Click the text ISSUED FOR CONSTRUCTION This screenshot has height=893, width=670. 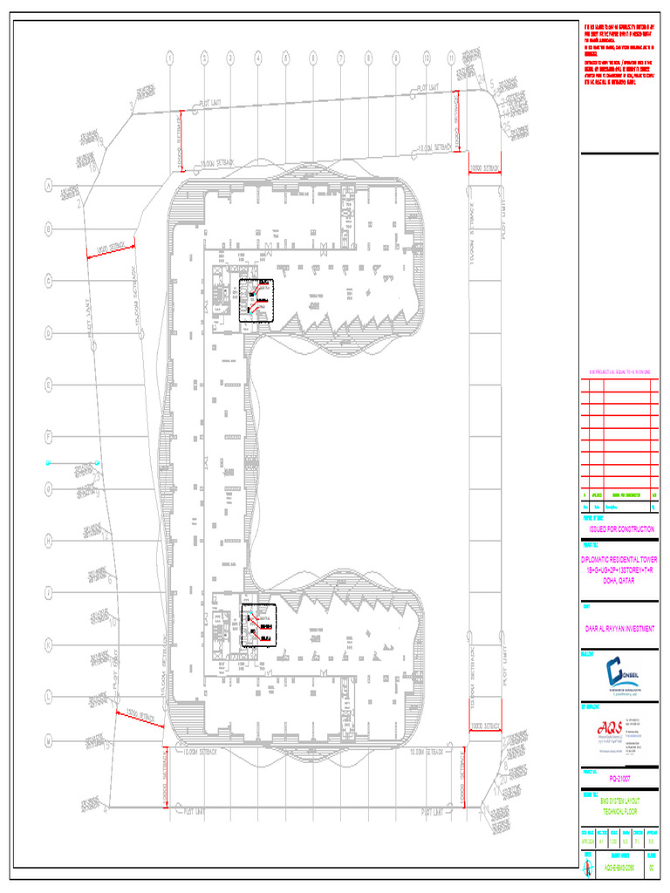point(621,529)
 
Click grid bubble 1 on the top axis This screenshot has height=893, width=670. point(170,58)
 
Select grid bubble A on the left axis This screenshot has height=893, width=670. point(50,186)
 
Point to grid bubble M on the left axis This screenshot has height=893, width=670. point(50,740)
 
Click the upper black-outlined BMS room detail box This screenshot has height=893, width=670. point(256,301)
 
